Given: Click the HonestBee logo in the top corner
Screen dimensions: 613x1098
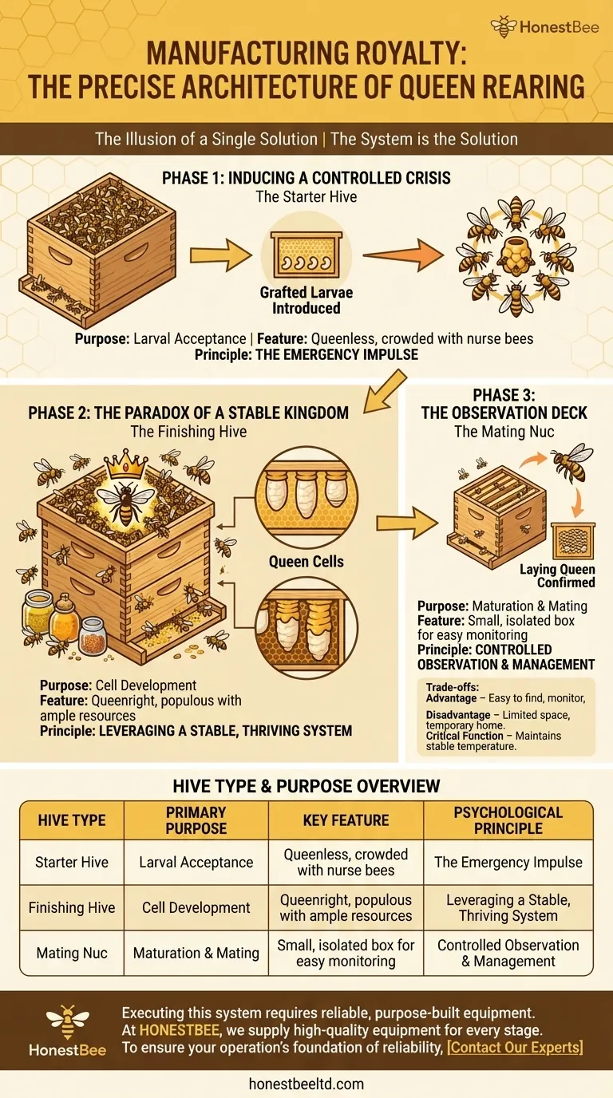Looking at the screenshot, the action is (544, 26).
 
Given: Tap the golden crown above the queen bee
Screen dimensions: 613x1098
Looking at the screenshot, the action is (127, 464).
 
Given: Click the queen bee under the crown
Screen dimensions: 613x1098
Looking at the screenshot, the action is (126, 504).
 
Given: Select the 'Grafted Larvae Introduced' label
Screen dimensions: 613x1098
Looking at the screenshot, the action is (306, 300).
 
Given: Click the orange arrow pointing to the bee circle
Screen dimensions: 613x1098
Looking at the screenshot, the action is (403, 255).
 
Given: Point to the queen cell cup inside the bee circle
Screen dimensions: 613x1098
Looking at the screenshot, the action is (516, 255).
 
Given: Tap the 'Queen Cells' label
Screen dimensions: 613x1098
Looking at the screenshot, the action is (306, 561).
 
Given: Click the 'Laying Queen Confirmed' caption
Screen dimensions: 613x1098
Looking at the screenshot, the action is (557, 575).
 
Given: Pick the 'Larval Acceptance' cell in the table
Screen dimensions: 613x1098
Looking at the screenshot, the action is (196, 863).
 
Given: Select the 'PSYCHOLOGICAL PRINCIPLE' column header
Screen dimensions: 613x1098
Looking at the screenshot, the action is (508, 820).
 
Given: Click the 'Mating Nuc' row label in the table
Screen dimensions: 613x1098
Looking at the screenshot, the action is (72, 953).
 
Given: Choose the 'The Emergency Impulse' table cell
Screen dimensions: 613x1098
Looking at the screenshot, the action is (508, 863).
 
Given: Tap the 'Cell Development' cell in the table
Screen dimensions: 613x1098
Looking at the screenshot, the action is (196, 907).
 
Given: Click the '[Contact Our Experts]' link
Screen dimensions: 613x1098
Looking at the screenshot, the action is (515, 1048).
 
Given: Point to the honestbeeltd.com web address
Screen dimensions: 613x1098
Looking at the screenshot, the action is (306, 1084).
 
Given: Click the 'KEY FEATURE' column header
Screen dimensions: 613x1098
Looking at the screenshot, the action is (346, 820).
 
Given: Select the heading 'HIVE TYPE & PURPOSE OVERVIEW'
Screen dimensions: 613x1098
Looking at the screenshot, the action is (306, 786).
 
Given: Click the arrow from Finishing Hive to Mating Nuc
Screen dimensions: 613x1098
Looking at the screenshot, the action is (407, 523).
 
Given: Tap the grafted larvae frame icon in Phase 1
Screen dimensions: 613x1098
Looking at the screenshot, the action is (306, 255).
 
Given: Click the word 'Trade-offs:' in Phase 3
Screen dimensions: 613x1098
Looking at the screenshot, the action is (452, 687).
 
